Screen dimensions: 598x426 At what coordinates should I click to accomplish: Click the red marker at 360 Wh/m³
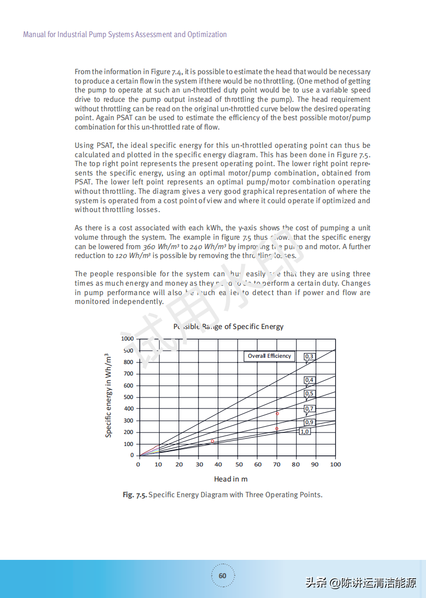[277, 414]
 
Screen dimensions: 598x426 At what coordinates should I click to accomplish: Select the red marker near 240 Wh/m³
[277, 429]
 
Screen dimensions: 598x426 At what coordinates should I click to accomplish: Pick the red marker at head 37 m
[212, 441]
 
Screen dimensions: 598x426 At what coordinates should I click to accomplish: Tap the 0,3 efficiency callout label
[310, 357]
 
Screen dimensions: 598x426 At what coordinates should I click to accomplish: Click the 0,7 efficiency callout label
[310, 409]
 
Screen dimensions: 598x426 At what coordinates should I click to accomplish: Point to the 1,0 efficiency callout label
[304, 431]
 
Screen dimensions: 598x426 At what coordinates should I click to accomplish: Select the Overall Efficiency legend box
[269, 356]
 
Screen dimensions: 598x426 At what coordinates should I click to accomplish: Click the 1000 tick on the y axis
[127, 338]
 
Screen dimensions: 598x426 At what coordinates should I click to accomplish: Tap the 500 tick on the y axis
[128, 397]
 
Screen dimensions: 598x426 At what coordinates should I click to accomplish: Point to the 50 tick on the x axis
[239, 464]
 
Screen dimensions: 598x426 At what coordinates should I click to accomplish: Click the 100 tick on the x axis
[335, 464]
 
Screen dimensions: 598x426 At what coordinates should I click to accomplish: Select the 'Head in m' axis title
[231, 479]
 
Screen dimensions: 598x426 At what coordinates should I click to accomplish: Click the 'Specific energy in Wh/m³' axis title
[109, 395]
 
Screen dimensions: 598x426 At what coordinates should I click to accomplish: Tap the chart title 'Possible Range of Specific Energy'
[228, 326]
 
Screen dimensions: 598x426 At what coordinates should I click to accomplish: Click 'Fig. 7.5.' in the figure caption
[135, 495]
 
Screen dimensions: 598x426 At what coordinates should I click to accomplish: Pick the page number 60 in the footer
[222, 576]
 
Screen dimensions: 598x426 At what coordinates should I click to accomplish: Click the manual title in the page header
[125, 34]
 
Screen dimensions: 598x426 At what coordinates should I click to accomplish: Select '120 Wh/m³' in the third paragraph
[133, 256]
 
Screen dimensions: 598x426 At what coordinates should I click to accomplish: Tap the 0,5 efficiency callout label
[310, 394]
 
